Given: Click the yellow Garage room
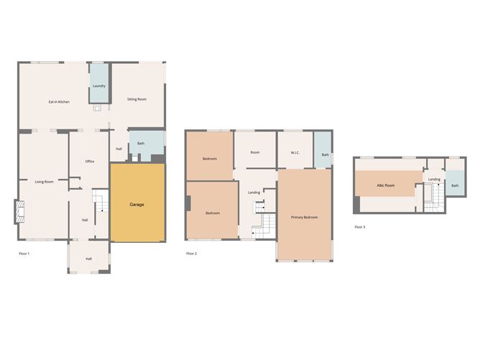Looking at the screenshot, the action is click(138, 203).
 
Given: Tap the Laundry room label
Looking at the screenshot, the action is click(99, 86).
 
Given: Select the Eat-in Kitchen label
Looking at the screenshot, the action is click(59, 102).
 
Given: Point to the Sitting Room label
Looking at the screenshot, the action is click(137, 99).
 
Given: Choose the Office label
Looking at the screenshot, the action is click(90, 162).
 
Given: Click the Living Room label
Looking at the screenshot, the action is click(44, 182).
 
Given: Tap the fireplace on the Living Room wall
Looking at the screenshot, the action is click(19, 211).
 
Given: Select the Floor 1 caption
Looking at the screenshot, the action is click(24, 254).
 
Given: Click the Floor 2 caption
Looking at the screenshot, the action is click(192, 254).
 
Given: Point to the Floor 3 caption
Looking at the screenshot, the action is click(360, 227).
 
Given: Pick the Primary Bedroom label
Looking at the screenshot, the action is click(304, 217).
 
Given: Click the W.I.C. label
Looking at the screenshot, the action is click(295, 153).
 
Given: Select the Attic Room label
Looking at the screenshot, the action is click(386, 185).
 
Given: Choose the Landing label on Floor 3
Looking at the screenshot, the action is click(434, 180).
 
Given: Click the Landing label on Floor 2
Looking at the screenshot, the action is click(254, 193).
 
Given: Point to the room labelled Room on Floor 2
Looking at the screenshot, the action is click(255, 152).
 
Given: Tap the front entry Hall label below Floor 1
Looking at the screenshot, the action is click(88, 259).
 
